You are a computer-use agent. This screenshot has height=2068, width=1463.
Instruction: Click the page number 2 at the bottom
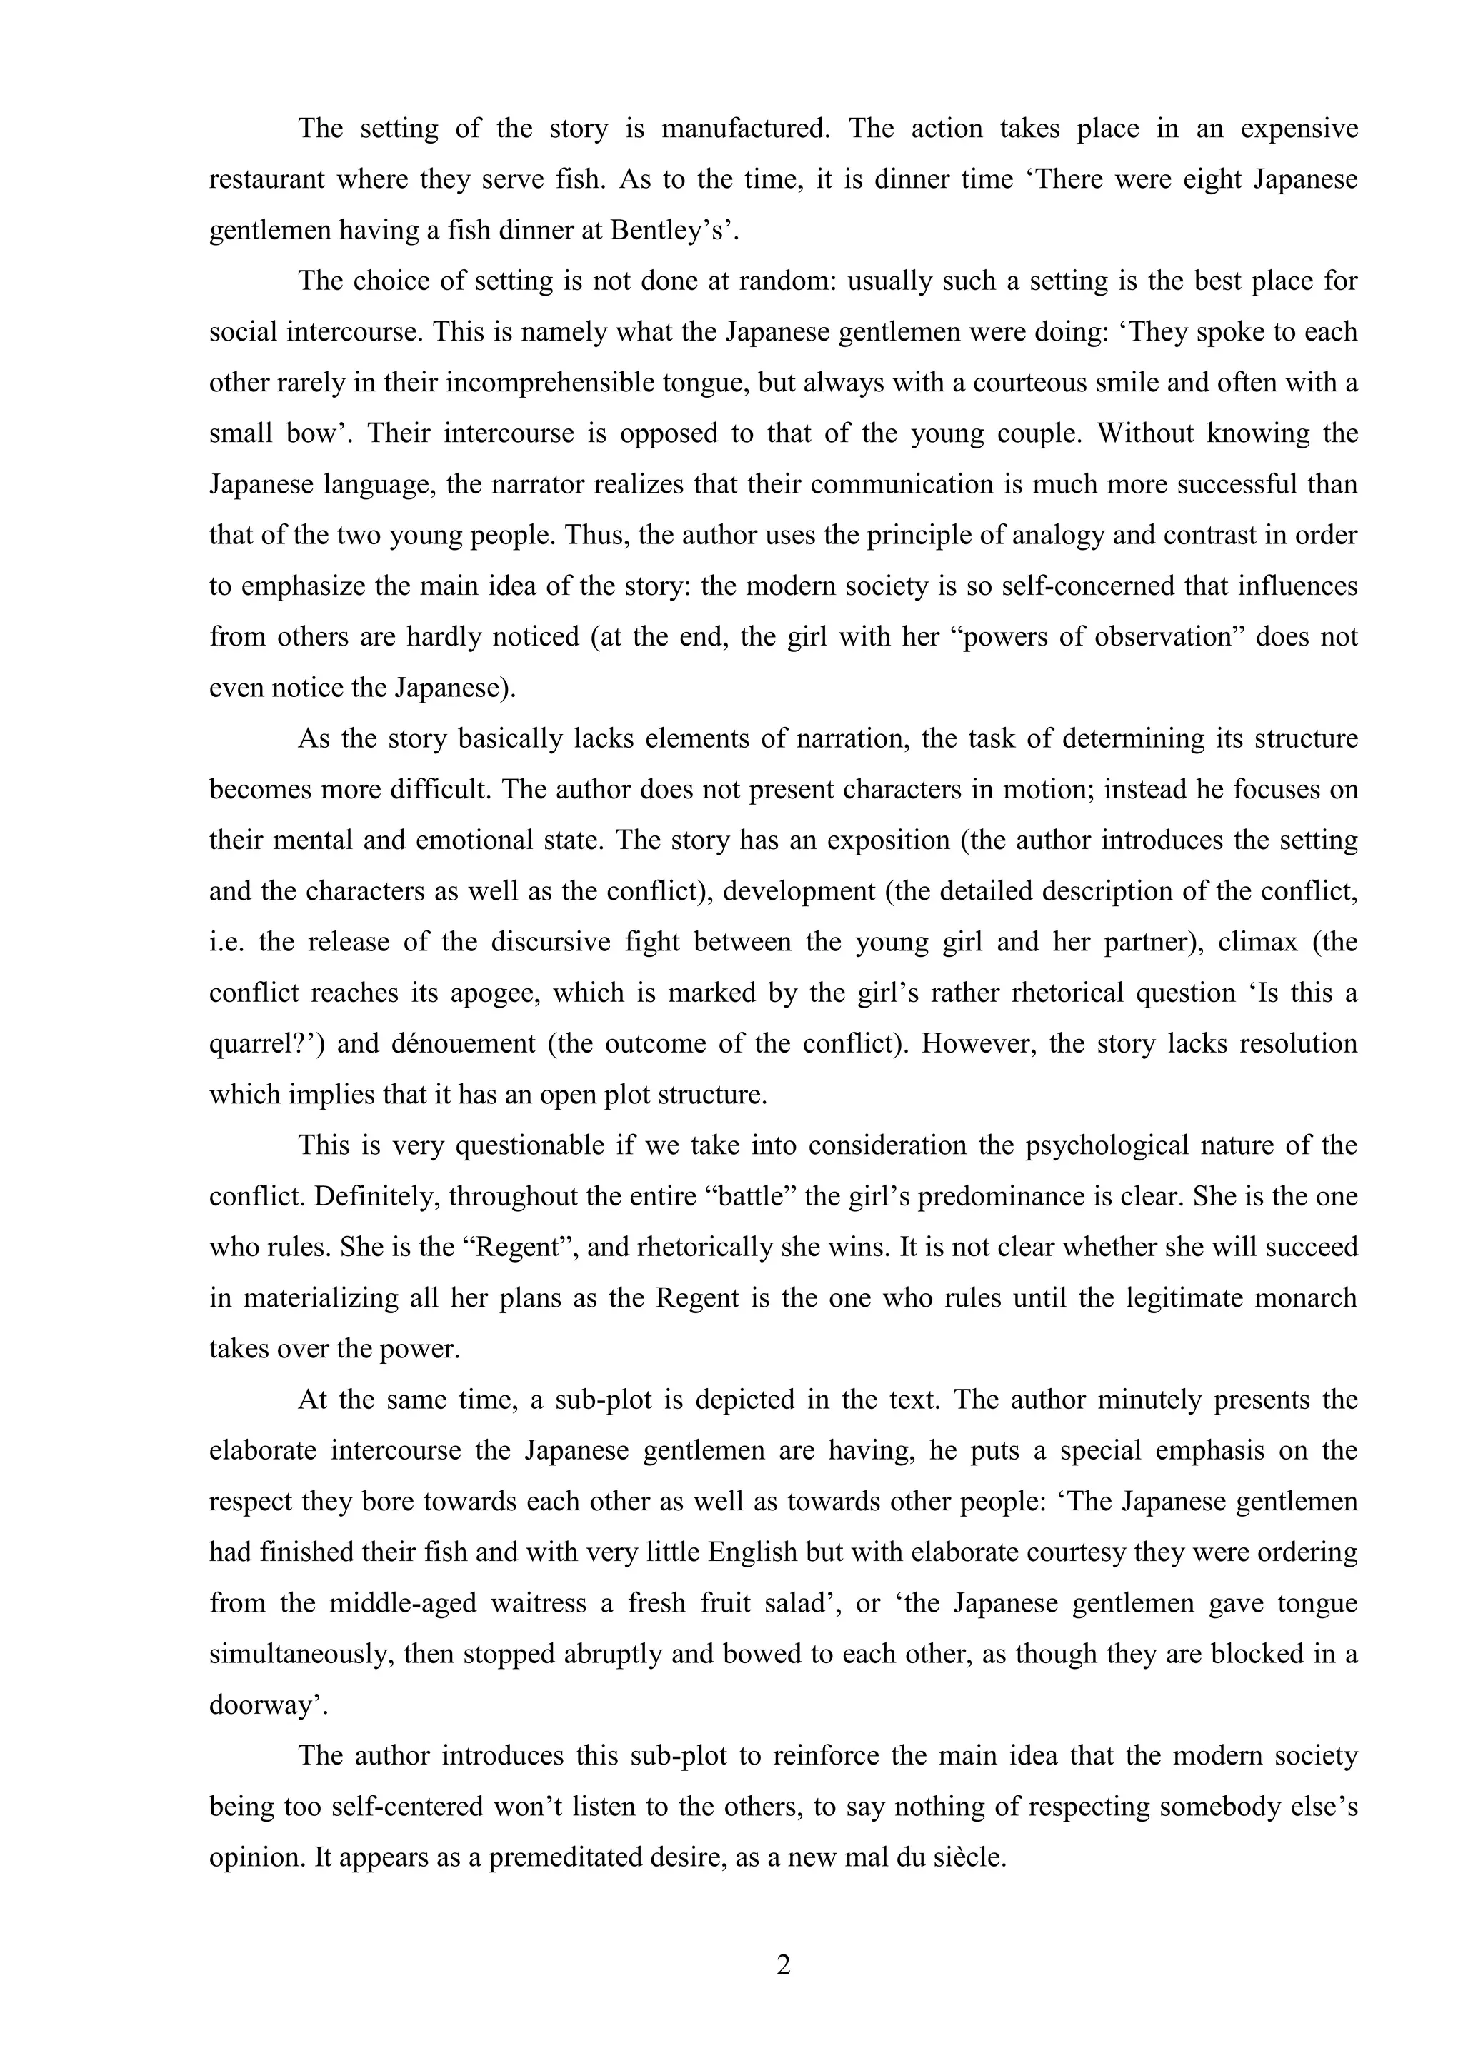pos(783,1964)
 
